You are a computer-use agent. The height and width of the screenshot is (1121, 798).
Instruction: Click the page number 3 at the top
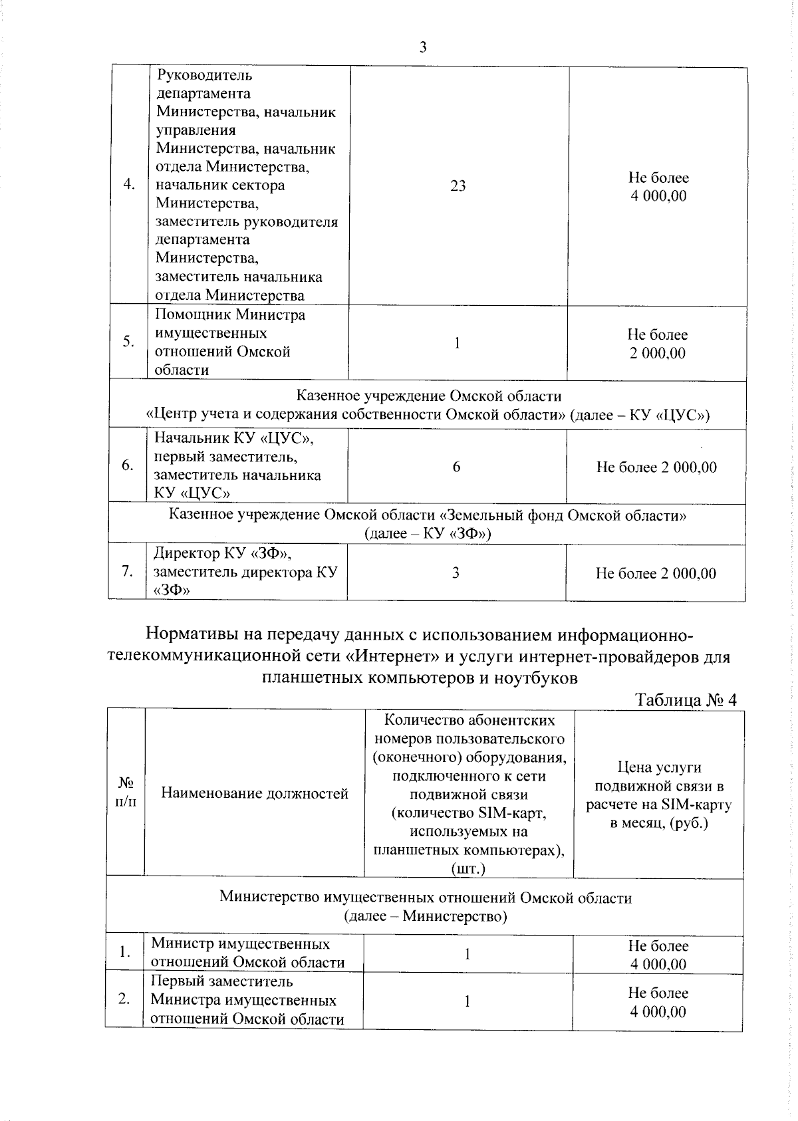(x=422, y=47)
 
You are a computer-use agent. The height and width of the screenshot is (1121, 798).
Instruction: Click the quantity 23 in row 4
(x=458, y=186)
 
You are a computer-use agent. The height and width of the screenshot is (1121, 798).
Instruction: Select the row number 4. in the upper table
(x=130, y=186)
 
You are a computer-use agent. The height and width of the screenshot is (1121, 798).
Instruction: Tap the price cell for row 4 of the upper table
(x=658, y=187)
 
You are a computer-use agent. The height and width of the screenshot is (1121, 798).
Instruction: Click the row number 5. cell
(x=128, y=342)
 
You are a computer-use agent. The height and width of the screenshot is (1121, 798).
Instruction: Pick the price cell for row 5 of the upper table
(x=657, y=344)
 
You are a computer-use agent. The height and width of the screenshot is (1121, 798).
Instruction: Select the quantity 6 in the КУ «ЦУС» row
(x=456, y=467)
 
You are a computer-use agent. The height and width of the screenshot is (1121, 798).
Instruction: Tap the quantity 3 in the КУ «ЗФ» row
(x=456, y=573)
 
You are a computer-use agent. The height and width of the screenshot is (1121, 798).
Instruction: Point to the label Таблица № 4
(x=686, y=700)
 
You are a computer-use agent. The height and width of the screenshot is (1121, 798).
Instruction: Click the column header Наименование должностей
(x=255, y=793)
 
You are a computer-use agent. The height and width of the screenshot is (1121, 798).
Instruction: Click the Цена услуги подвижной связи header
(x=658, y=795)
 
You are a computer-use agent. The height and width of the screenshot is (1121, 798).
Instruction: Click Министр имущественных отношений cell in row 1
(x=247, y=953)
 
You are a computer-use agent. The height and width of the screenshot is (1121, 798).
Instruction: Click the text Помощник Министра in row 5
(x=230, y=314)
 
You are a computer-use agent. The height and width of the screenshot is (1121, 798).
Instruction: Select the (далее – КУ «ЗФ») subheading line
(x=428, y=534)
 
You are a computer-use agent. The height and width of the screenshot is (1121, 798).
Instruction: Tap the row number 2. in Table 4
(x=124, y=1000)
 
